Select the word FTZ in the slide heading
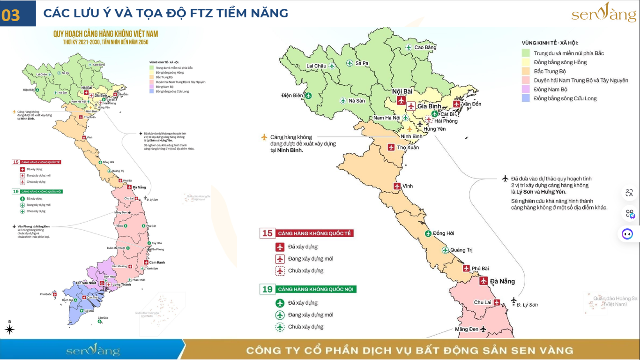point(199,13)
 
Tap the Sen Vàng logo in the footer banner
point(93,350)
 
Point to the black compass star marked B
point(9,330)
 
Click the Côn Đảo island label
point(103,318)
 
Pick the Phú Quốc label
point(45,294)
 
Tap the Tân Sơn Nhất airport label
point(86,283)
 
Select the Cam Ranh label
point(157,262)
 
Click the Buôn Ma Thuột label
point(115,247)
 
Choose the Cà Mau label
point(89,311)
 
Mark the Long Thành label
point(122,285)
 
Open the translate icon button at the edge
point(629,193)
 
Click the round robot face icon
point(627,233)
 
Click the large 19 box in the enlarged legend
point(267,289)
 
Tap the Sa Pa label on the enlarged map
point(362,63)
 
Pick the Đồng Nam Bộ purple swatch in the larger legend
point(526,90)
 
